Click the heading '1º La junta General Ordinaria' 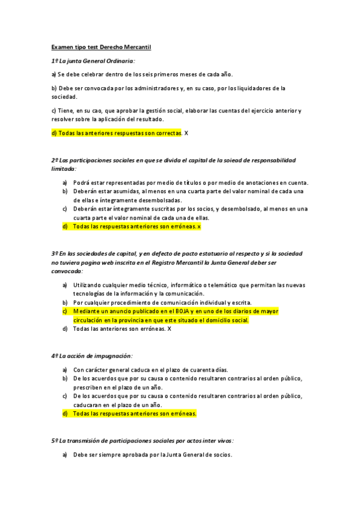point(93,61)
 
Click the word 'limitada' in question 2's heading point(64,169)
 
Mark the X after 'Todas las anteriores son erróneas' point(169,329)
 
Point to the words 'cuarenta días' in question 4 point(209,369)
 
